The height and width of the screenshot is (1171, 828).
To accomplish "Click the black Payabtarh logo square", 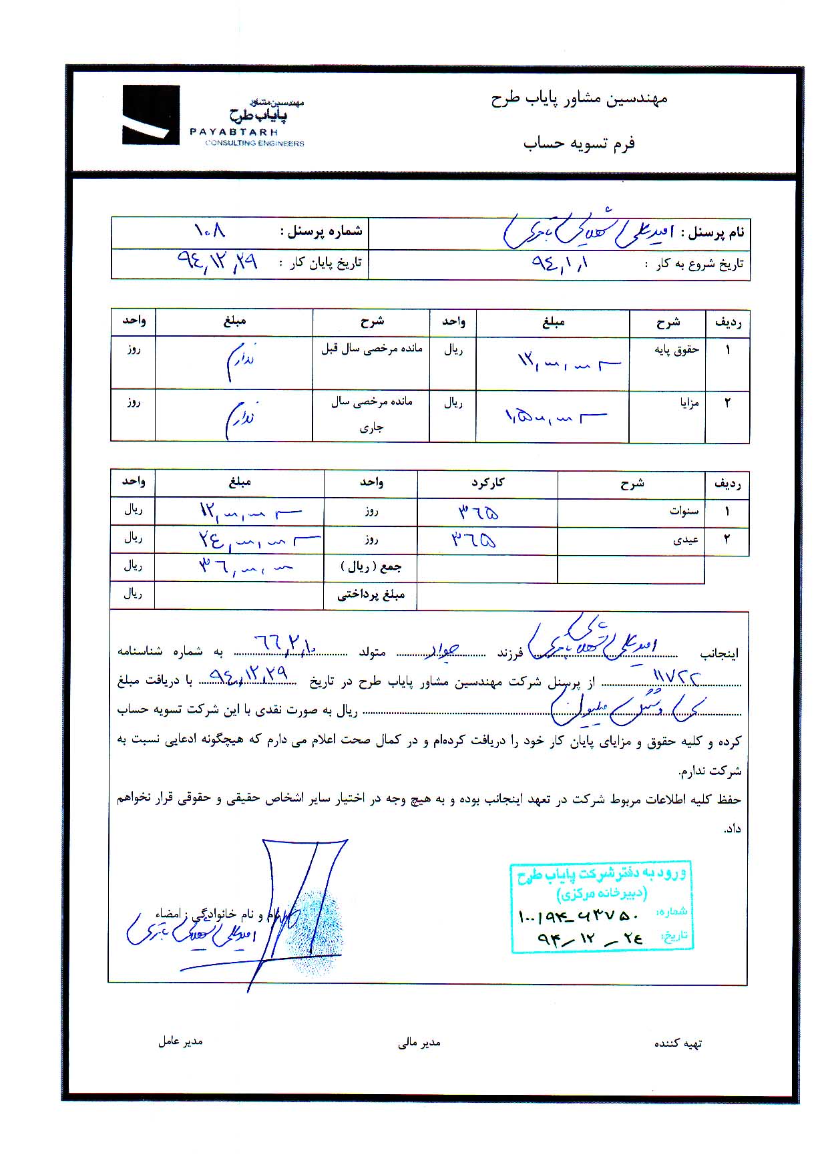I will (x=151, y=115).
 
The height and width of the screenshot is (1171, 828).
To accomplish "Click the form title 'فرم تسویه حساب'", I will (x=579, y=143).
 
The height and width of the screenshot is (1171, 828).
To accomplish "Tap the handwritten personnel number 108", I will (x=210, y=231).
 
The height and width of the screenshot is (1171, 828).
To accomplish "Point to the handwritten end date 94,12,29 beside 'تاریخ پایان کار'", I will (x=218, y=261).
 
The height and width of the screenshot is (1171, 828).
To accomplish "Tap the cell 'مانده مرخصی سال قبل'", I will (x=371, y=349).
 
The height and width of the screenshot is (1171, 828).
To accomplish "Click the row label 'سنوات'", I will (x=684, y=512).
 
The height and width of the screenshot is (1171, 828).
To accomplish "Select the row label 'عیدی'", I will (x=686, y=540).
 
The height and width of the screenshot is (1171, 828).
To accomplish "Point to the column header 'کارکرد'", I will (x=487, y=482).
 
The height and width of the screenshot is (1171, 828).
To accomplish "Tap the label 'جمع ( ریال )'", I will (x=371, y=567).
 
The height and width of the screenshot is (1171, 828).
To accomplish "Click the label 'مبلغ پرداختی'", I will (x=371, y=595).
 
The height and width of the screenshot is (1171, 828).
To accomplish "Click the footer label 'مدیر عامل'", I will (x=180, y=1041).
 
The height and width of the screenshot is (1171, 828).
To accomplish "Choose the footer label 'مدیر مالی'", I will (x=419, y=1043).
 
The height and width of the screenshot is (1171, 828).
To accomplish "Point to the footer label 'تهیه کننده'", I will (x=678, y=1043).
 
